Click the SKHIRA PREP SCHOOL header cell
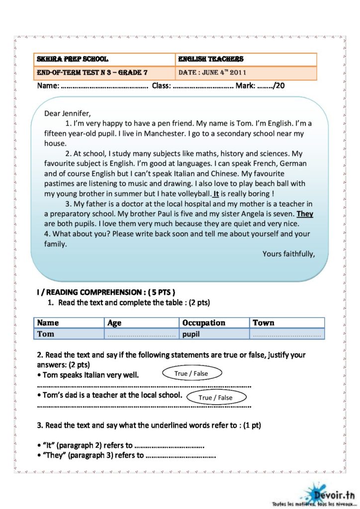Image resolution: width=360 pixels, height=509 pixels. (73, 59)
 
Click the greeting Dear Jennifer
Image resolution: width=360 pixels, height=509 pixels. (68, 113)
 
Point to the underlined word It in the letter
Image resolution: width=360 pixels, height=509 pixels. (216, 194)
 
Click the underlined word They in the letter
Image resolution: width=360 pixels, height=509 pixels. (305, 214)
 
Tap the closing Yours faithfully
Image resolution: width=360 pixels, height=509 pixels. (288, 254)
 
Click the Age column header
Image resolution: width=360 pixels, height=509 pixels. (114, 323)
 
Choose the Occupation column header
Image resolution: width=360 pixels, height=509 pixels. (204, 323)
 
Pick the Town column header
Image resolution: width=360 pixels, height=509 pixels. (263, 323)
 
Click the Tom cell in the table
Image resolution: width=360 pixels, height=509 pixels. (46, 334)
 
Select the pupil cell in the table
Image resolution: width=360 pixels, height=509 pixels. (191, 334)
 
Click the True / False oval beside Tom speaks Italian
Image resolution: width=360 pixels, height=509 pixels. (191, 373)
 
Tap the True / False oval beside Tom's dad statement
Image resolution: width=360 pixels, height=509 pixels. (215, 397)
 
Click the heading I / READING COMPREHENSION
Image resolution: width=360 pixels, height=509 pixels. (106, 292)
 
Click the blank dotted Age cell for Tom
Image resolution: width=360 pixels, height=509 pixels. (142, 335)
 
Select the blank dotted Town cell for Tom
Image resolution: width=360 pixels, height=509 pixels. (286, 335)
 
